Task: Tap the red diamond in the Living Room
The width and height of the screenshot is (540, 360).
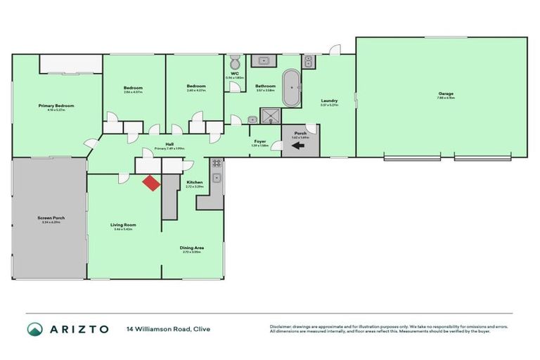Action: click(150, 183)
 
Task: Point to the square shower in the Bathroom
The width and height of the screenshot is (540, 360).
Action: click(269, 115)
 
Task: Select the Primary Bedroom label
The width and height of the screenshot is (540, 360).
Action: click(56, 105)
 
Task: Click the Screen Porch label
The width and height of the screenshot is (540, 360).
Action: click(51, 218)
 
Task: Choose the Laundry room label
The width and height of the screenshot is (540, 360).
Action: click(330, 101)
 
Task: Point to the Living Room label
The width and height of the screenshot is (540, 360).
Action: click(123, 225)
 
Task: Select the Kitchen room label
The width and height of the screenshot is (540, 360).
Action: click(194, 183)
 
